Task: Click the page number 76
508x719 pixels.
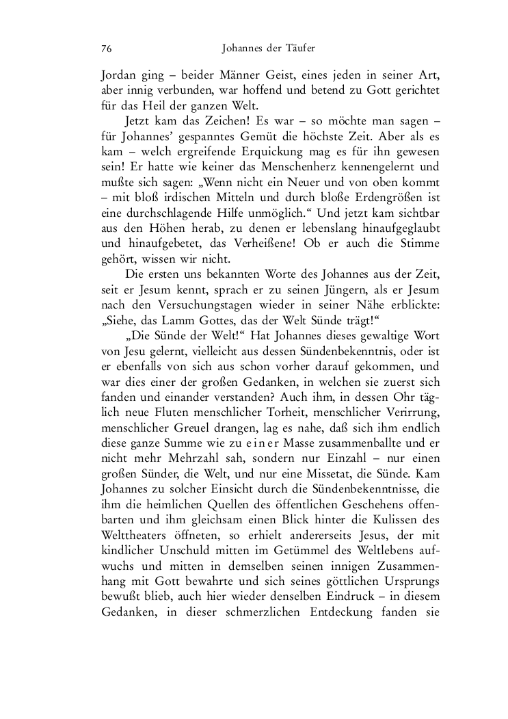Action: [x=107, y=49]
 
